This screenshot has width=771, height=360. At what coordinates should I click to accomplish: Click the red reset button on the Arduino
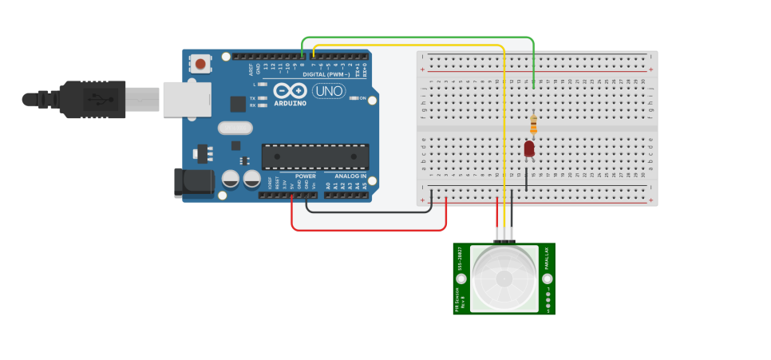(x=200, y=62)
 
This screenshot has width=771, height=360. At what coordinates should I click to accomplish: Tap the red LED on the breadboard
(x=529, y=149)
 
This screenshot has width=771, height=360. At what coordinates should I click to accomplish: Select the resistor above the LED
(x=533, y=125)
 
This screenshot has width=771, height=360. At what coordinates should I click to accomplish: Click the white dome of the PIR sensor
(x=504, y=278)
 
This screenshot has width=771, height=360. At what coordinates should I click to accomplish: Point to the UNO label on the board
(x=328, y=91)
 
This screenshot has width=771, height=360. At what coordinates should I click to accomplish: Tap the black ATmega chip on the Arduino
(x=316, y=156)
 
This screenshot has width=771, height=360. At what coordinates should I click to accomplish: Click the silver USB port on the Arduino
(x=185, y=99)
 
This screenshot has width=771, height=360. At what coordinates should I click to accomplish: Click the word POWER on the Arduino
(x=305, y=176)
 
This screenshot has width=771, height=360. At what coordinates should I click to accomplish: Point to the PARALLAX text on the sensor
(x=547, y=263)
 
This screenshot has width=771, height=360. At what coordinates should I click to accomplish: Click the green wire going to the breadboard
(x=415, y=38)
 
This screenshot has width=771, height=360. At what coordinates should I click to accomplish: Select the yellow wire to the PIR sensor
(x=504, y=128)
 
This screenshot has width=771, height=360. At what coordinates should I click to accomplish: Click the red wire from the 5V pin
(x=367, y=231)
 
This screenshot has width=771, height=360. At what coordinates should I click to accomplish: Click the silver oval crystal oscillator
(x=234, y=128)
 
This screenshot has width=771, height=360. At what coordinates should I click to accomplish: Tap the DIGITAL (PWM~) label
(x=329, y=74)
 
